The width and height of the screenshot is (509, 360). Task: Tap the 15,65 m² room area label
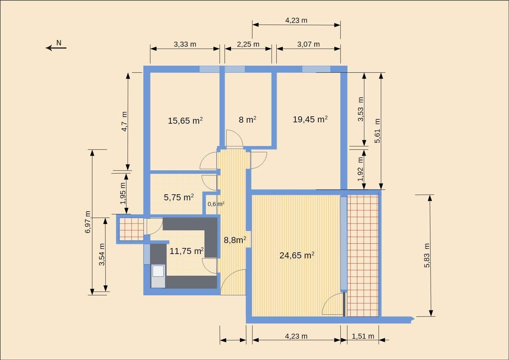185,120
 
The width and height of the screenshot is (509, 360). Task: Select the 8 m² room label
247,119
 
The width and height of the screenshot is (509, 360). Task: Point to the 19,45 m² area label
310,119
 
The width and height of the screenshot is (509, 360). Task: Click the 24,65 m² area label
297,255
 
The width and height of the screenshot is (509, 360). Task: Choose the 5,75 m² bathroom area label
179,197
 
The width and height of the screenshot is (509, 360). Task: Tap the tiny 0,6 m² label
216,204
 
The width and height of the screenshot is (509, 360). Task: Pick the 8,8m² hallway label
235,240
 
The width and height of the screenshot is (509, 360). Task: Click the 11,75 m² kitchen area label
186,251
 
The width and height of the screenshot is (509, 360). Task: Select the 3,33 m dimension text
185,44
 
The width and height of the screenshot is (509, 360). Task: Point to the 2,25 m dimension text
248,44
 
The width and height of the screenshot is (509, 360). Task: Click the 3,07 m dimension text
308,44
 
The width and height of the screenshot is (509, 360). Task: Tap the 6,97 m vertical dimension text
88,222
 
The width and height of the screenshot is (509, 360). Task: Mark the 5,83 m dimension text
427,255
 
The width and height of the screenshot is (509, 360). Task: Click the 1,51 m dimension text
363,336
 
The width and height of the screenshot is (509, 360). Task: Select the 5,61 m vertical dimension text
377,131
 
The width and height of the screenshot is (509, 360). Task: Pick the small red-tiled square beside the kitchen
131,229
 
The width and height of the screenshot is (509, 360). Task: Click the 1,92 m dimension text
360,169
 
